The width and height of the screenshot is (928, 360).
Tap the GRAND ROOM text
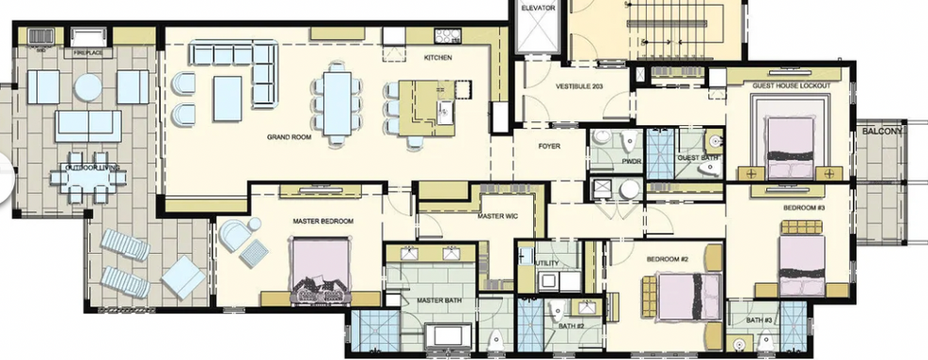(x=289, y=137)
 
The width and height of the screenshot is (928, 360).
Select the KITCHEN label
(x=437, y=58)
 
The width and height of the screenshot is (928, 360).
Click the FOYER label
(x=549, y=147)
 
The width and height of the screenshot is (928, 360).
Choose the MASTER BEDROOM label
(x=323, y=221)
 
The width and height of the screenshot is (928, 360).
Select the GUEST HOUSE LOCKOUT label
(x=791, y=86)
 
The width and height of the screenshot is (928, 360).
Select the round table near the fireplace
(x=88, y=88)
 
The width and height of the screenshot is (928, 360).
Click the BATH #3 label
(x=759, y=320)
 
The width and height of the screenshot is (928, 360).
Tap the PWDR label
(x=632, y=163)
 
